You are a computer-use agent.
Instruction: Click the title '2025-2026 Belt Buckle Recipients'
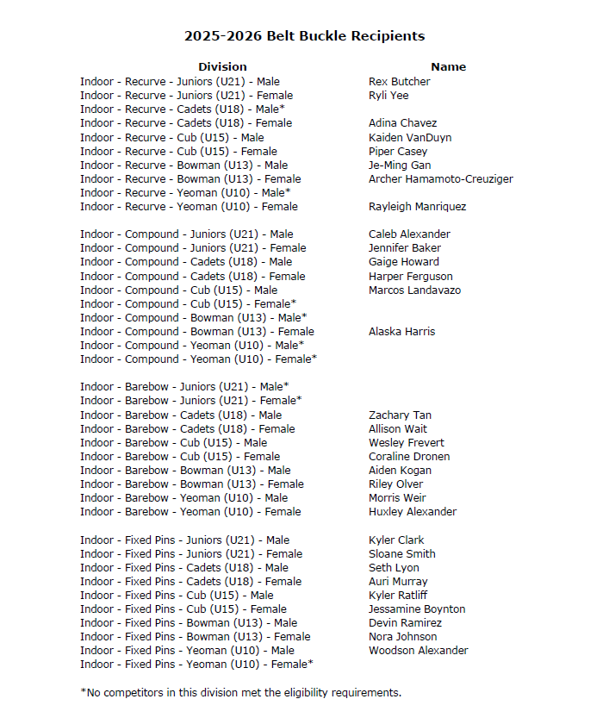[304, 36]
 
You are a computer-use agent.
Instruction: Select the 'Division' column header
[222, 66]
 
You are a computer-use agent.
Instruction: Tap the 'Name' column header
[448, 66]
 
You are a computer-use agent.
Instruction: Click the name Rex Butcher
[399, 82]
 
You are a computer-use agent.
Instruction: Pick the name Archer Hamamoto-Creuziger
[440, 179]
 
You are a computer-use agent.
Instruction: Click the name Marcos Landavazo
[414, 290]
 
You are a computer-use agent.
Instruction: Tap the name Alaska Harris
[401, 332]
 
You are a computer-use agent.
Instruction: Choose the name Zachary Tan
[400, 415]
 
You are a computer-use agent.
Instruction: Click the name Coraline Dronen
[409, 457]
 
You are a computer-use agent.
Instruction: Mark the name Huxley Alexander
[413, 512]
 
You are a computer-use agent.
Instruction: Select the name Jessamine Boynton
[417, 609]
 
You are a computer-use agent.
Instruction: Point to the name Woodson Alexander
[418, 651]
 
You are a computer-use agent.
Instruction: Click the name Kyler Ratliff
[398, 596]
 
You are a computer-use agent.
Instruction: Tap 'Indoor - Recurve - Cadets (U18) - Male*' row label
[183, 109]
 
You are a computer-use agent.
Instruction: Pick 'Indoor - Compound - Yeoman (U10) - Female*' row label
[198, 359]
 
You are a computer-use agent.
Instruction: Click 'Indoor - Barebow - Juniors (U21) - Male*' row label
[184, 387]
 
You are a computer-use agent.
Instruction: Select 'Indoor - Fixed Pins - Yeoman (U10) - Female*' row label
[196, 665]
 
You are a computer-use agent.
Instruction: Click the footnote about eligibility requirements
[240, 692]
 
